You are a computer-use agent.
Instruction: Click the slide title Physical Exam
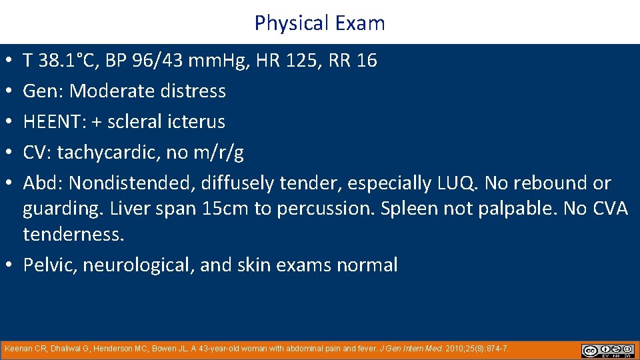[x=319, y=23]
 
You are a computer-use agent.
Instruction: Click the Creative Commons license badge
[x=607, y=350]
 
